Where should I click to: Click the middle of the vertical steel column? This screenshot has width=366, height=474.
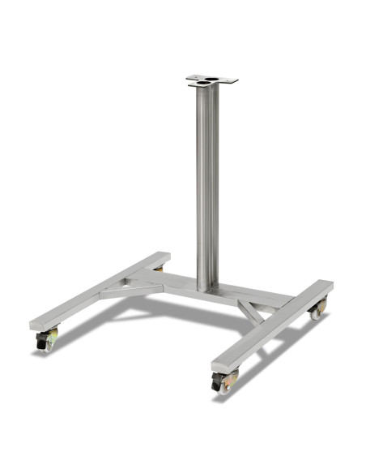click(x=207, y=187)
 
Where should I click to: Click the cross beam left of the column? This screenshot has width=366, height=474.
click(x=162, y=283)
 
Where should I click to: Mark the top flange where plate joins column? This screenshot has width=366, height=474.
click(x=207, y=88)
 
